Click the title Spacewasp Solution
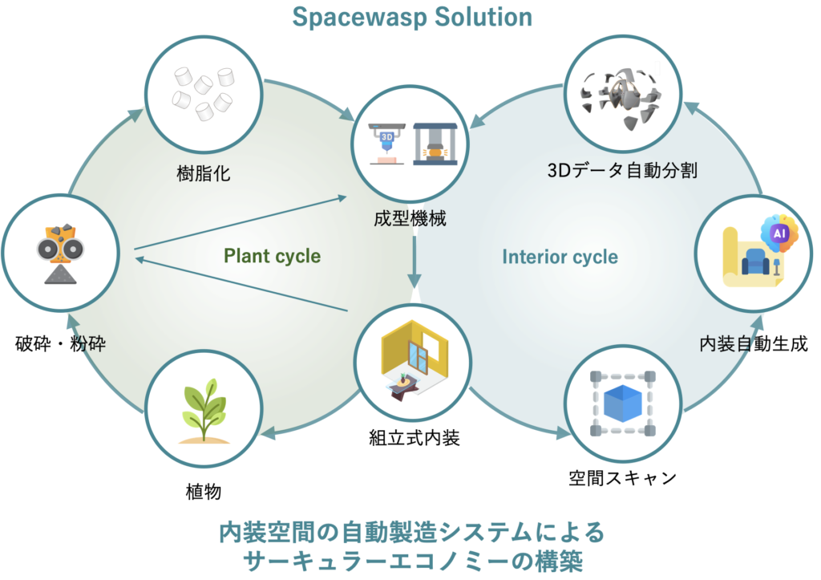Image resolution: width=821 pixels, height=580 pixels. (411, 18)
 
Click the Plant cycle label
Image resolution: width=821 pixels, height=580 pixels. (272, 257)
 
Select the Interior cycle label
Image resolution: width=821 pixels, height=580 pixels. (560, 258)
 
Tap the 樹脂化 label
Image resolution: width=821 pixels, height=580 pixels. (203, 173)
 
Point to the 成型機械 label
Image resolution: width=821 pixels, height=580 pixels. (409, 217)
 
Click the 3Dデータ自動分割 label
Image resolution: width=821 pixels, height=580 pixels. (621, 171)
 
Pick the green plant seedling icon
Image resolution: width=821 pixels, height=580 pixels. (204, 410)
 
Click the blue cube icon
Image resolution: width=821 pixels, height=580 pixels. (623, 403)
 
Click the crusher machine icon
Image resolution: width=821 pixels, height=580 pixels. (60, 253)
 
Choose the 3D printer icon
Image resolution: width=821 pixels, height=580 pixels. (386, 143)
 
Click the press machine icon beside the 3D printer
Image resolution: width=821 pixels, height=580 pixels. (435, 143)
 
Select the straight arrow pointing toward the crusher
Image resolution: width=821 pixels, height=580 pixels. (241, 284)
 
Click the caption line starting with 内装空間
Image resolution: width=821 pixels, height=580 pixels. (410, 532)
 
